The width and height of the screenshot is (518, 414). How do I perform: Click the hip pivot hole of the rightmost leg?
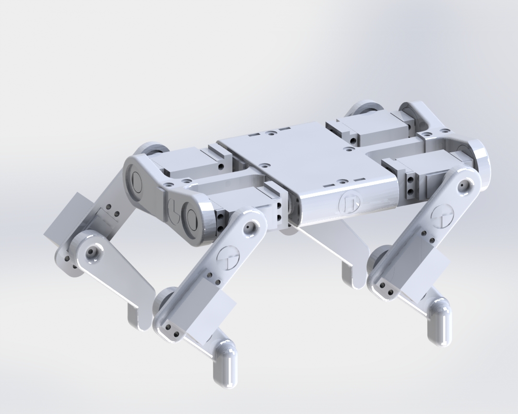[463, 185]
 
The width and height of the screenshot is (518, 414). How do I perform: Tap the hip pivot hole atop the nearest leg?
[249, 227]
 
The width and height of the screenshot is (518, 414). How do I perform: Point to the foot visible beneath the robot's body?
[353, 276]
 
